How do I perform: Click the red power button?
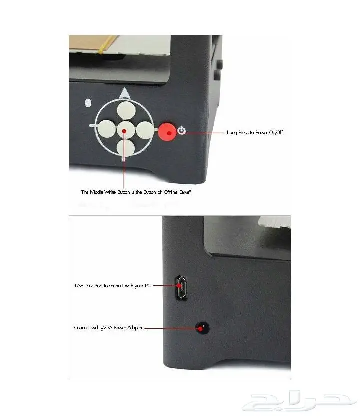(167, 132)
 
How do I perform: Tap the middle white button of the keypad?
(126, 130)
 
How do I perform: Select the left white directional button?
(106, 129)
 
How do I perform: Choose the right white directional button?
(145, 130)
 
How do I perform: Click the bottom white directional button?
(125, 148)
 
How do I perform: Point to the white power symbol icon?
(182, 130)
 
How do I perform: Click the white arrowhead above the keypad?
(125, 94)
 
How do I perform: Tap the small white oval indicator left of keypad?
(88, 103)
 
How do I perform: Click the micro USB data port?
(181, 288)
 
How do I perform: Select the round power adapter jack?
(202, 328)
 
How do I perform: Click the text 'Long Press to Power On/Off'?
(255, 133)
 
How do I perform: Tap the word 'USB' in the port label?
(79, 286)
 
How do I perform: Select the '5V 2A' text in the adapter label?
(106, 328)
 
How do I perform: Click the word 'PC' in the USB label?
(147, 286)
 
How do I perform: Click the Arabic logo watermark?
(299, 400)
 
